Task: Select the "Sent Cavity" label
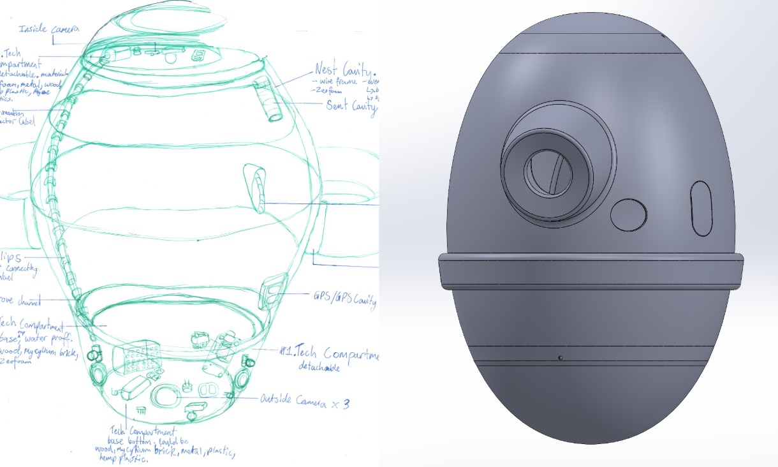click(351, 106)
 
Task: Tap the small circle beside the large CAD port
click(629, 214)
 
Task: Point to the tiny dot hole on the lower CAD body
click(560, 357)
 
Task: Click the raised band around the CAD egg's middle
click(591, 271)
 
